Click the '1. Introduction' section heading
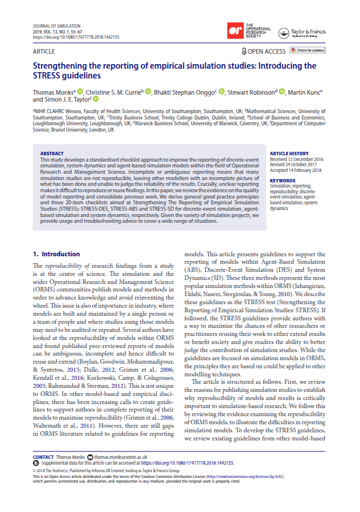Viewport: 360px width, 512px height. pyautogui.click(x=56, y=253)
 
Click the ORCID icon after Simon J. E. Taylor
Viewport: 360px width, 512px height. pyautogui.click(x=96, y=99)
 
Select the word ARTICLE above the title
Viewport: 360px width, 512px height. pyautogui.click(x=44, y=51)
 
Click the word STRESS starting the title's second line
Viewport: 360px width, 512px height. pyautogui.click(x=48, y=76)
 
